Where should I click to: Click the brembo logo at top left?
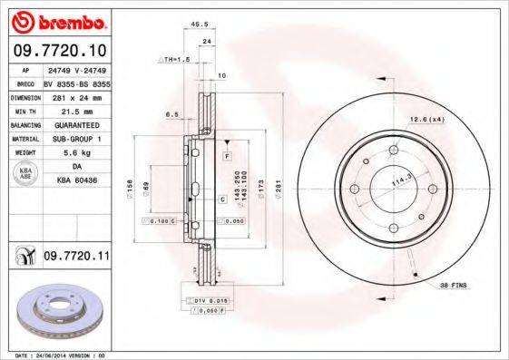click(56, 21)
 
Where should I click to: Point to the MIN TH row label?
click(24, 110)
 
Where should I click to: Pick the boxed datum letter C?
click(221, 198)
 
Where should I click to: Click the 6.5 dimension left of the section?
click(171, 114)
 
